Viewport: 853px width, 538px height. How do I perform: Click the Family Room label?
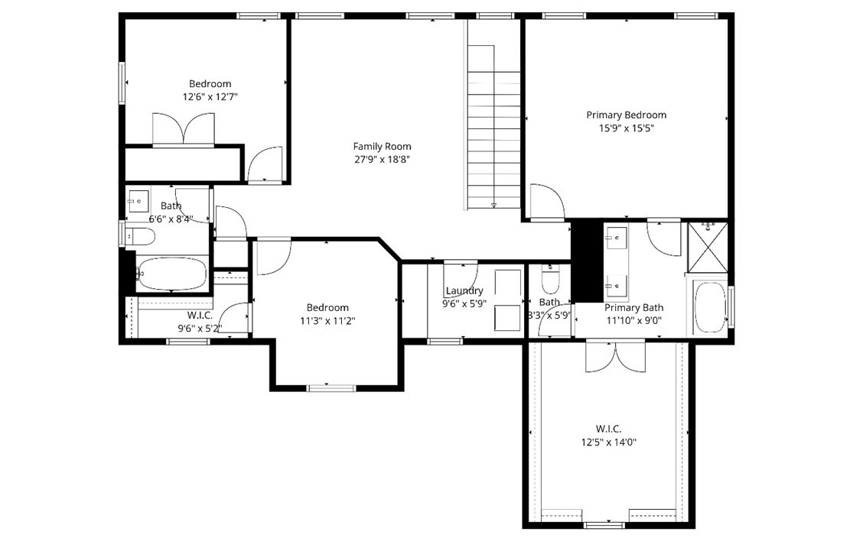pyautogui.click(x=382, y=146)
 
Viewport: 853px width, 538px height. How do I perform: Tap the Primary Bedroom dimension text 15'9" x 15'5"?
pyautogui.click(x=626, y=129)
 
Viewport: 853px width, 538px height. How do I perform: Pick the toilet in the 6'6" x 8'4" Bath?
pyautogui.click(x=139, y=236)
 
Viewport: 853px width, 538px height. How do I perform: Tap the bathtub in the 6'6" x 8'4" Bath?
pyautogui.click(x=171, y=274)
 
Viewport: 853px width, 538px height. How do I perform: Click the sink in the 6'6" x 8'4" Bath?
pyautogui.click(x=138, y=201)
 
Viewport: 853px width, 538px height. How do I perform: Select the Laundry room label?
pyautogui.click(x=464, y=290)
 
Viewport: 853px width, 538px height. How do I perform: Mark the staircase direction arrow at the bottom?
pyautogui.click(x=493, y=205)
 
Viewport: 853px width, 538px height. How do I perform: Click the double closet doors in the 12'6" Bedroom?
pyautogui.click(x=184, y=129)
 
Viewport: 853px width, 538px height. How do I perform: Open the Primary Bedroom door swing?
pyautogui.click(x=547, y=201)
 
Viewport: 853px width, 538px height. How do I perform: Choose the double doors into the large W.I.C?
pyautogui.click(x=615, y=356)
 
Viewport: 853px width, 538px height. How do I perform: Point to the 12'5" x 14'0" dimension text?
pyautogui.click(x=609, y=442)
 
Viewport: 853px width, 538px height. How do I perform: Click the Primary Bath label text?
pyautogui.click(x=633, y=307)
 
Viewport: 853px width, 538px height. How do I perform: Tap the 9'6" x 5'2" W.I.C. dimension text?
pyautogui.click(x=200, y=329)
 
